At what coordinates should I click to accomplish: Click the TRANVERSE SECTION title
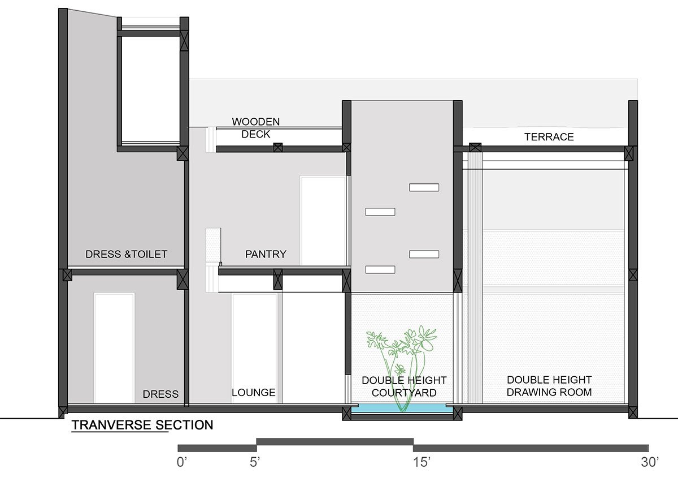pos(142,425)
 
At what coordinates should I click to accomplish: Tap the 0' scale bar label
pos(182,462)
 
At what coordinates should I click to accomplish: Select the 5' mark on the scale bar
pos(255,462)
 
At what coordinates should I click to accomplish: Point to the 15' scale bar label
pos(421,462)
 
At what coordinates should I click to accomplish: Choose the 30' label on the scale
pos(650,462)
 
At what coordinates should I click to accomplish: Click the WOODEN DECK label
pos(256,128)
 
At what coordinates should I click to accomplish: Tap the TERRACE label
pos(549,137)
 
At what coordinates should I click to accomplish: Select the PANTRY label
pos(266,254)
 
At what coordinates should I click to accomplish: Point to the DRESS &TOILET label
pos(126,254)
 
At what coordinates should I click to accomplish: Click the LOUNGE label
pos(254,393)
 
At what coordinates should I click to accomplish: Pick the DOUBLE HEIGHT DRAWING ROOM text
pos(549,386)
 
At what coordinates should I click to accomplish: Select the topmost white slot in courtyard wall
pos(424,187)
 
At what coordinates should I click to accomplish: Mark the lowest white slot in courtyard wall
pos(380,269)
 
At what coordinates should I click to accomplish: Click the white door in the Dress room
pos(114,348)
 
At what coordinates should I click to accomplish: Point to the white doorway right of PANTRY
pos(323,220)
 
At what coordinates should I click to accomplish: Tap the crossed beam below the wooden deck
pos(278,147)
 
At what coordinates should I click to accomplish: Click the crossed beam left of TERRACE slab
pos(475,148)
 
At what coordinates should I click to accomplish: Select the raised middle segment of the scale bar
pos(335,441)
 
